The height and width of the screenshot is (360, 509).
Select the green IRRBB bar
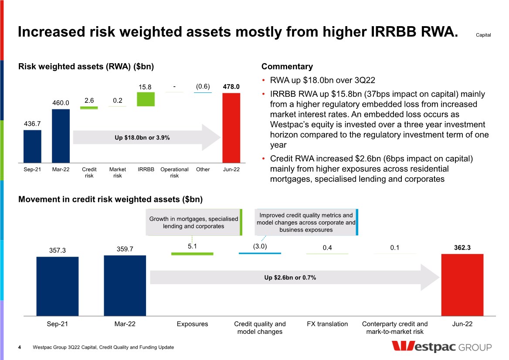point(146,99)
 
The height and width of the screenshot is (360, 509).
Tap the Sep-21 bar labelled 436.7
point(32,146)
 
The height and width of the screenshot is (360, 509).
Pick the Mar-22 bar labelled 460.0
point(61,135)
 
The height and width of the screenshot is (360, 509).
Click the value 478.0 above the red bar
point(231,87)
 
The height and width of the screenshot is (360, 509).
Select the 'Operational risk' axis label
point(174,173)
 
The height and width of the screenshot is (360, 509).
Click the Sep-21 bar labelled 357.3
point(58,285)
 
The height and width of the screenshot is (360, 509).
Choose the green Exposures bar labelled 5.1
point(192,253)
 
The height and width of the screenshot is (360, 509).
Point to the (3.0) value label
point(260,246)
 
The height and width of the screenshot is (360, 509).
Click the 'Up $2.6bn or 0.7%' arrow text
point(290,278)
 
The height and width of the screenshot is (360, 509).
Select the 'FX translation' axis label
point(327,324)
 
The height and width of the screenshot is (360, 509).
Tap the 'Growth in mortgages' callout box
point(193,223)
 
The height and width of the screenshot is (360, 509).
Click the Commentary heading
point(287,67)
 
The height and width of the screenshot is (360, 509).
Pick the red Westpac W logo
point(408,346)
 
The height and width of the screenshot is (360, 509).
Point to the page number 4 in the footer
point(20,347)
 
